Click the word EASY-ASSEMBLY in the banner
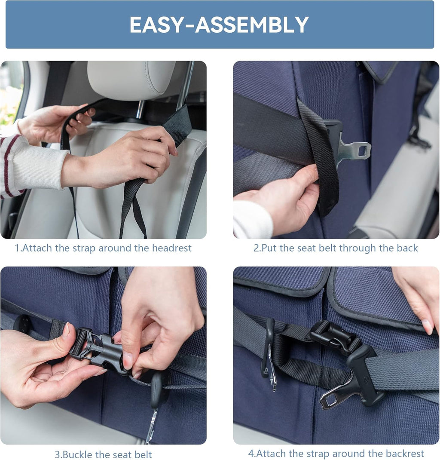click(x=219, y=25)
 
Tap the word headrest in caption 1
click(x=172, y=248)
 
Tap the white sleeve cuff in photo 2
click(x=252, y=218)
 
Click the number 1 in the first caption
click(x=17, y=248)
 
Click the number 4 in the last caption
click(x=251, y=454)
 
